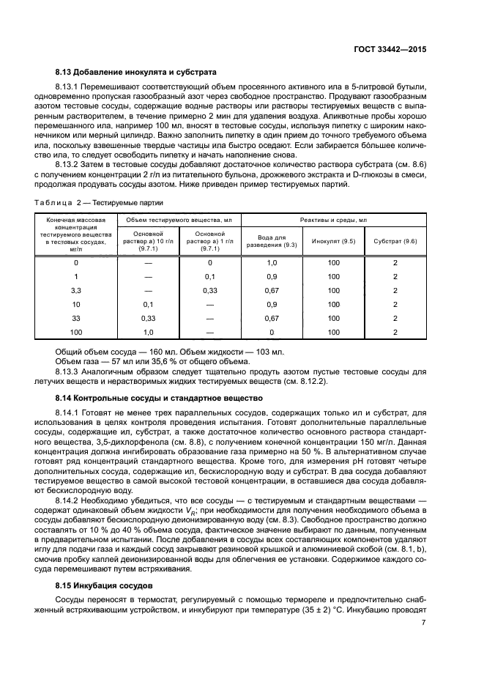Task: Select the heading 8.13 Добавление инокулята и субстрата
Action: [x=135, y=73]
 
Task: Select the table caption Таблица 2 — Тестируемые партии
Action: [x=100, y=201]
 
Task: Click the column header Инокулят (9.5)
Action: [x=333, y=240]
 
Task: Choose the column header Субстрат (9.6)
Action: [x=395, y=240]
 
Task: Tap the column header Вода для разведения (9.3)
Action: [x=271, y=240]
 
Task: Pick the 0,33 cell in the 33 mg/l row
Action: [x=148, y=318]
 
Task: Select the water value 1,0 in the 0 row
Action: [x=271, y=262]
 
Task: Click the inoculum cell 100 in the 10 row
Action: [x=333, y=304]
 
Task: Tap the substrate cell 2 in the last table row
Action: [x=395, y=332]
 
